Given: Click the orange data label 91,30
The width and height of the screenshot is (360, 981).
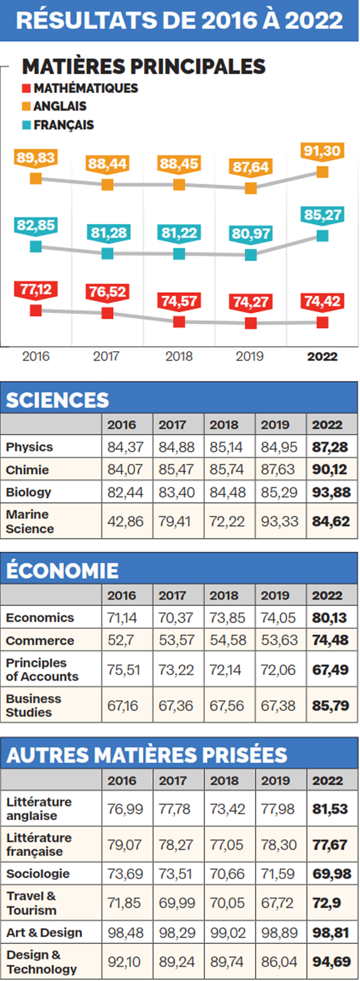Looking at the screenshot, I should (x=322, y=151).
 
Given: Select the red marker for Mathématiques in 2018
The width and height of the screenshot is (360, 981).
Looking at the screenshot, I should (x=179, y=322).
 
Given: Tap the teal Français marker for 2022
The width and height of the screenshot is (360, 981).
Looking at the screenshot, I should (x=322, y=236).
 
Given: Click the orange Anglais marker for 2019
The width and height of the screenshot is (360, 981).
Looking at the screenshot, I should (x=251, y=188).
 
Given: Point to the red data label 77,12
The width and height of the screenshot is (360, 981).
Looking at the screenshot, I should (x=36, y=289).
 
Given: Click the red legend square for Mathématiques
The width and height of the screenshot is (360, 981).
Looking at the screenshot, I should (x=26, y=88).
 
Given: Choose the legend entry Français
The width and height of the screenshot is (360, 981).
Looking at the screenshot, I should (x=63, y=125).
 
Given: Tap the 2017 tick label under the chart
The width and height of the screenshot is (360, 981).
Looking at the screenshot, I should (x=106, y=356).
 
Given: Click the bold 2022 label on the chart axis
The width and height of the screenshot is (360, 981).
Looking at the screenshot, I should (x=322, y=356).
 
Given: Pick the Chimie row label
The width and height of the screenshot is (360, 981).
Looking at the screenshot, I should (x=28, y=470).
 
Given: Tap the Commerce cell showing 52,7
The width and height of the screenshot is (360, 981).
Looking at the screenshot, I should (x=121, y=640).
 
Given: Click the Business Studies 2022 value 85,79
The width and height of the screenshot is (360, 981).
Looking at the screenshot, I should (x=330, y=706).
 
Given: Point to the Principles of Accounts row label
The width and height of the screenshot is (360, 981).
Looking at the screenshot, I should (x=42, y=669).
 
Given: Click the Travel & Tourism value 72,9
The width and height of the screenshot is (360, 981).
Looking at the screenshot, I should (x=327, y=903).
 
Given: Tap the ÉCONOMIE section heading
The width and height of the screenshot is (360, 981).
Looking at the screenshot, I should (x=62, y=570).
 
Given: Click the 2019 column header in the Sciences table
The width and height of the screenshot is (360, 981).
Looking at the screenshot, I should (x=275, y=425).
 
